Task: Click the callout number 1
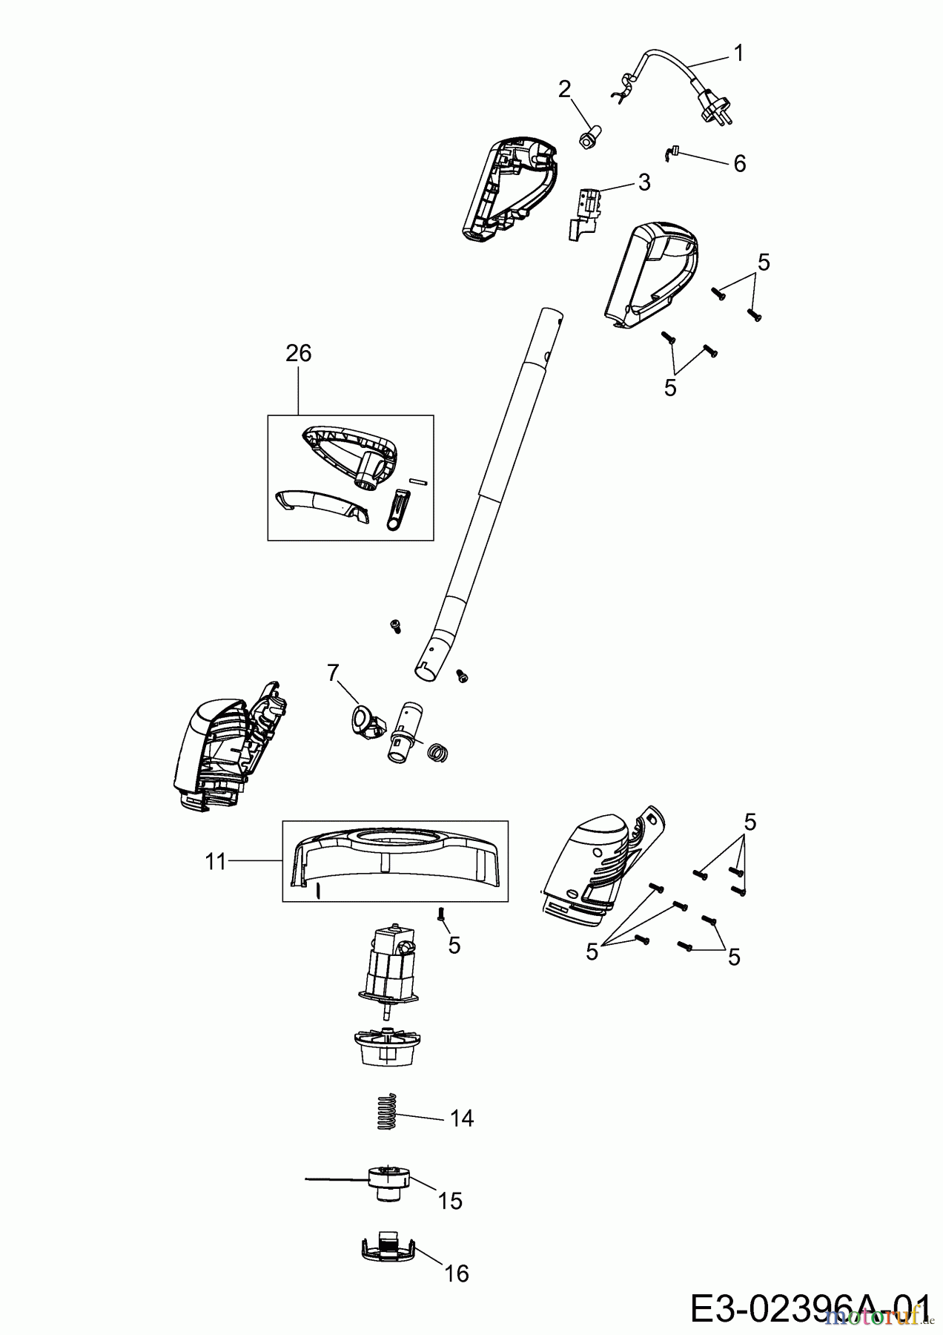click(x=738, y=53)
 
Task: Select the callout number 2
click(x=565, y=89)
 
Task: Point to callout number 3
click(x=643, y=182)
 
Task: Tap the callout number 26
click(x=298, y=353)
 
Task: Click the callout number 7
click(x=333, y=672)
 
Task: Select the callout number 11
click(x=215, y=863)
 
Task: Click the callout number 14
click(x=462, y=1118)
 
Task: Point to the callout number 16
click(x=457, y=1273)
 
